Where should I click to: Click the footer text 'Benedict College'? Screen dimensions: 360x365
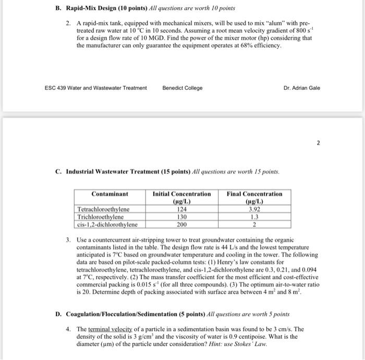pyautogui.click(x=182, y=88)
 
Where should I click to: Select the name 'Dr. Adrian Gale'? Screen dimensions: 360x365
pyautogui.click(x=302, y=88)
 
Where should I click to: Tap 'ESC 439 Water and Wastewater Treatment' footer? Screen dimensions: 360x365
pyautogui.click(x=96, y=88)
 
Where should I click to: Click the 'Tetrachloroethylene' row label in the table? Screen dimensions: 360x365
pyautogui.click(x=104, y=210)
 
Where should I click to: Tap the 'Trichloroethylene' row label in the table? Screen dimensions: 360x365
pyautogui.click(x=101, y=217)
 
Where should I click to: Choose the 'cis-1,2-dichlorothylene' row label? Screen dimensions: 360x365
pyautogui.click(x=107, y=225)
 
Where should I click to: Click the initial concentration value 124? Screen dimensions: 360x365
pyautogui.click(x=181, y=210)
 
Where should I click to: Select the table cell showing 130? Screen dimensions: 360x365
pyautogui.click(x=181, y=217)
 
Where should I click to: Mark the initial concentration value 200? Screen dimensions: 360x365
pyautogui.click(x=181, y=225)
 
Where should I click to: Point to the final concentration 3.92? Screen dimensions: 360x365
pyautogui.click(x=254, y=210)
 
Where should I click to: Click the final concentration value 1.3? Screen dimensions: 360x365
pyautogui.click(x=254, y=217)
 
